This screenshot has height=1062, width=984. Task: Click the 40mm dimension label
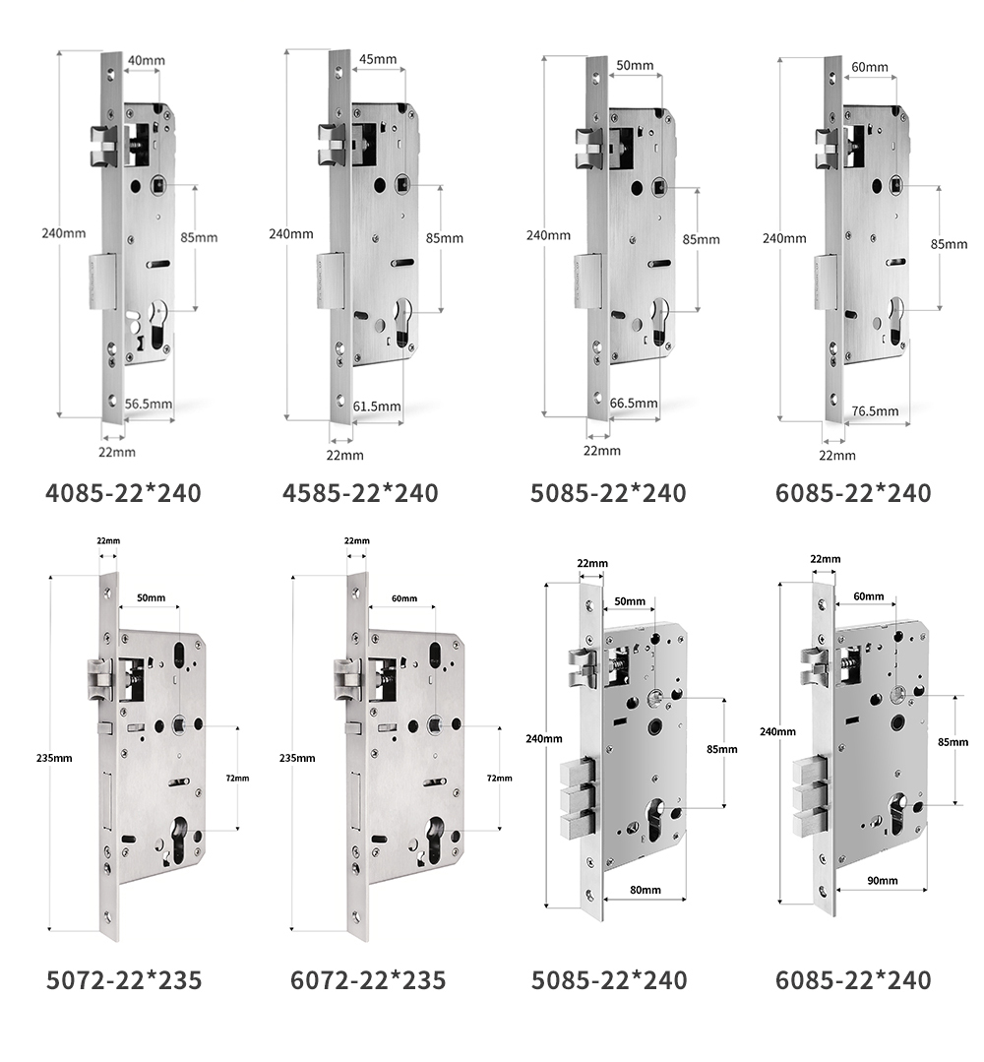[x=147, y=60]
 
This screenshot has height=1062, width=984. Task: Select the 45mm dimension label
[x=378, y=59]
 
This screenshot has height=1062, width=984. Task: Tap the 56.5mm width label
[x=149, y=404]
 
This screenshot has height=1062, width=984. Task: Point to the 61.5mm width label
[x=377, y=406]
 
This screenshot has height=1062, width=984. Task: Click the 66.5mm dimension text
[x=634, y=403]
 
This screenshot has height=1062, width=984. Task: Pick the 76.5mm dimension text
[x=875, y=411]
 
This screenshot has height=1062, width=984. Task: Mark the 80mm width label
[x=646, y=890]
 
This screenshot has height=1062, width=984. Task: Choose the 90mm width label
[x=883, y=881]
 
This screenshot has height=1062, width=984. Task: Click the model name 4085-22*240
[x=123, y=493]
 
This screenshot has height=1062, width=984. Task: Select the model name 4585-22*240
[x=360, y=493]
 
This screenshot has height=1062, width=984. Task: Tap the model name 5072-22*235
[x=124, y=980]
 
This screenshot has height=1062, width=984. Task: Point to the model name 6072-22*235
[x=368, y=980]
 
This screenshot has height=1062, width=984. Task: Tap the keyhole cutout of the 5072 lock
[x=180, y=840]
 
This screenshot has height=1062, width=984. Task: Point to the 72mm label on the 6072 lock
[x=500, y=779]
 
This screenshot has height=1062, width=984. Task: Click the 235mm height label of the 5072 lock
[x=54, y=758]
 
